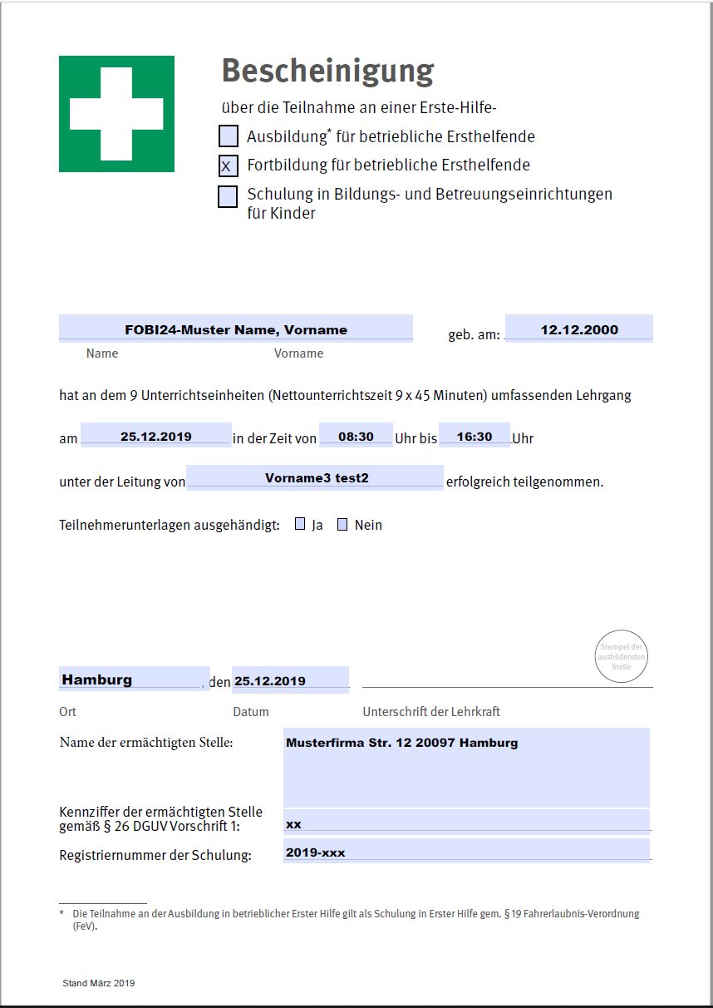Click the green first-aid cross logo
pos(116,114)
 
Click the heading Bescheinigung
pos(327,72)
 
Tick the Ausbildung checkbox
pos(228,136)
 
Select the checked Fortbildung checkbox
pos(228,166)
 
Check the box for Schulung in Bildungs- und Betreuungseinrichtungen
pos(228,196)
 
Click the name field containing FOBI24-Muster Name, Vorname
pos(236,329)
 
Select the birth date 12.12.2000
pos(579,329)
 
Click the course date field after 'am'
pos(156,436)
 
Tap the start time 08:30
pos(356,436)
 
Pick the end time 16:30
pos(475,436)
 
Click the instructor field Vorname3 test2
pos(316,478)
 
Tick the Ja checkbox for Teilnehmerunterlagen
pos(300,525)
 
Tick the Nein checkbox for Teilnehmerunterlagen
pos(342,525)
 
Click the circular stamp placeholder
pos(622,656)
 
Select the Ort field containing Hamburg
pos(134,679)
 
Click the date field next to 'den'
pos(290,680)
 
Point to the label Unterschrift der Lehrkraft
pos(431,712)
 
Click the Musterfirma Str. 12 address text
pos(401,743)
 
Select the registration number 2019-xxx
pos(315,852)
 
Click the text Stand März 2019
pos(98,983)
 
